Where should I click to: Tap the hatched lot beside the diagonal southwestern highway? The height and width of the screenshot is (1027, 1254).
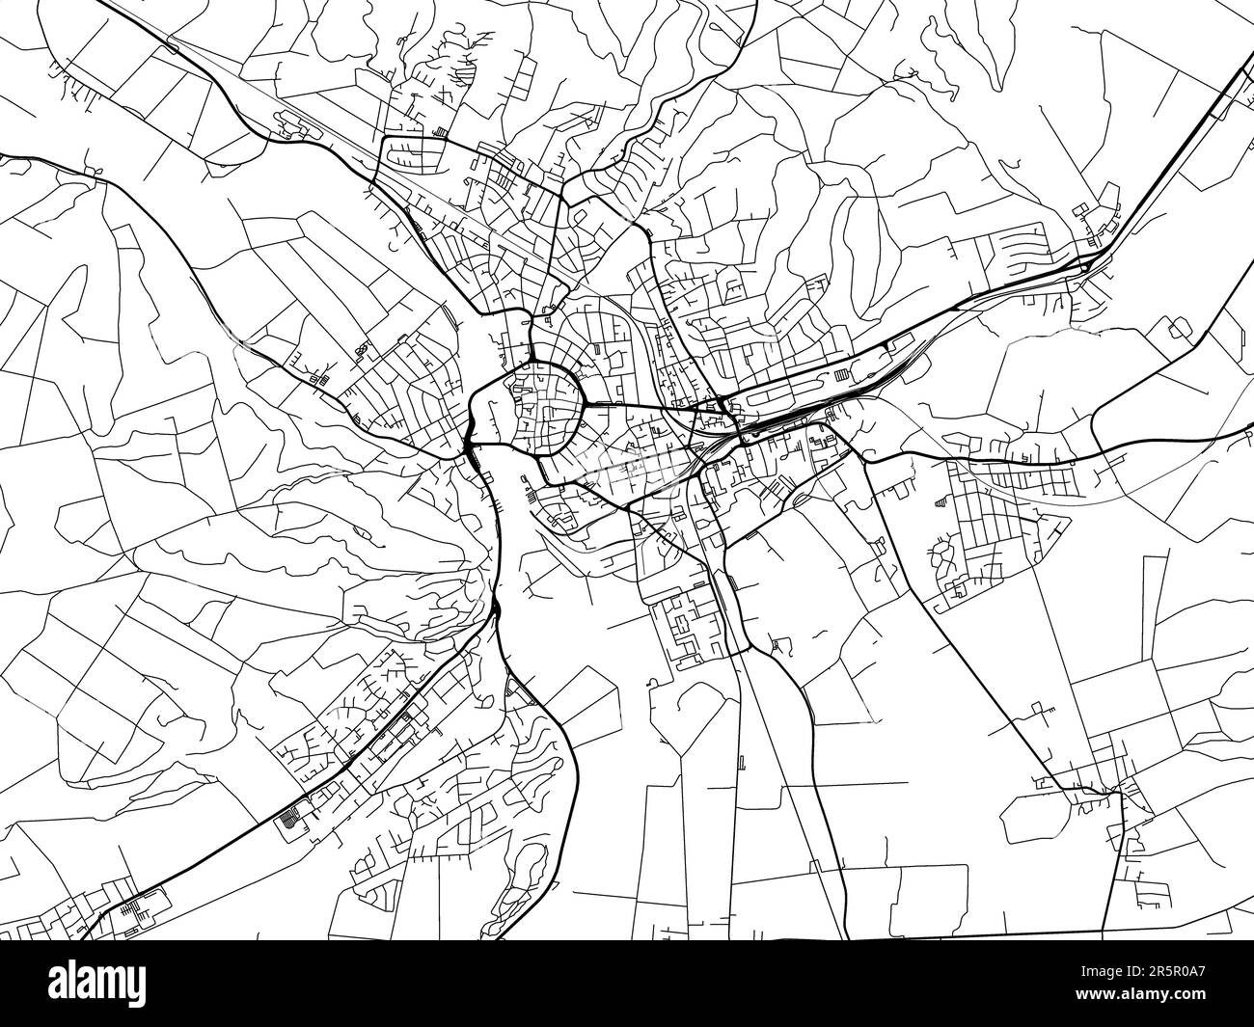pos(288,821)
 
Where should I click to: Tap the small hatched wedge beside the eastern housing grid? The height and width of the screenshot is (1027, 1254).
pos(940,501)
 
